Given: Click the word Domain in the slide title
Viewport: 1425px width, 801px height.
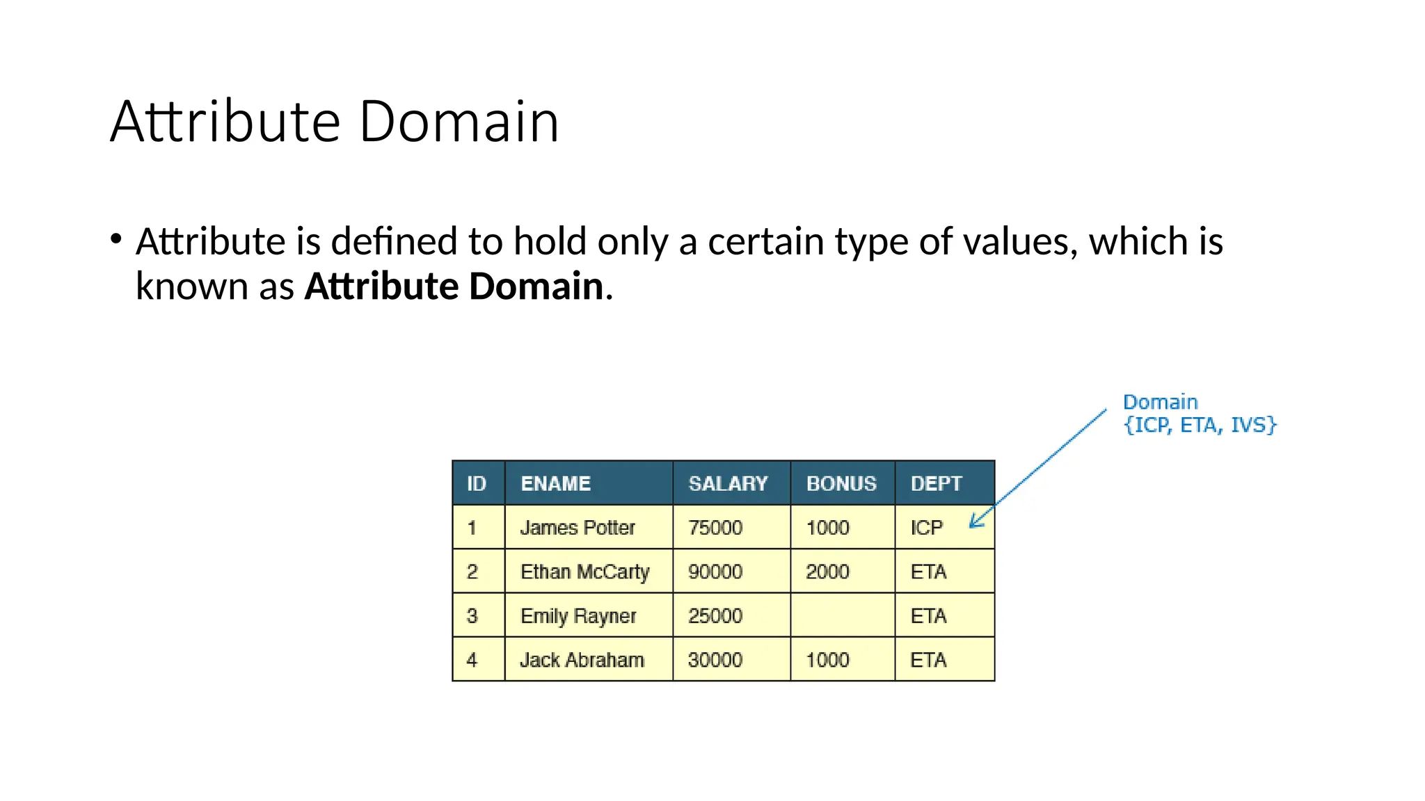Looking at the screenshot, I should point(459,122).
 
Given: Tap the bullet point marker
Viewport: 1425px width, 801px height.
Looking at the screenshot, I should point(116,240).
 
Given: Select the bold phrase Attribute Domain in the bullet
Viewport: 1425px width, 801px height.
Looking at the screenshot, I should point(454,286).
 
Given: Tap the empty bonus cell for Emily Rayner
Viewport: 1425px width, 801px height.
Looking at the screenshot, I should point(842,615).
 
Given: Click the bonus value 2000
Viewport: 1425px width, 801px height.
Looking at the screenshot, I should point(827,572).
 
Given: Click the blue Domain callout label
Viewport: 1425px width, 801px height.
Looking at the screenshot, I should point(1160,402).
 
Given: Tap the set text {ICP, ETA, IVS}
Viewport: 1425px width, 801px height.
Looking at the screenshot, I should point(1200,425).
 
